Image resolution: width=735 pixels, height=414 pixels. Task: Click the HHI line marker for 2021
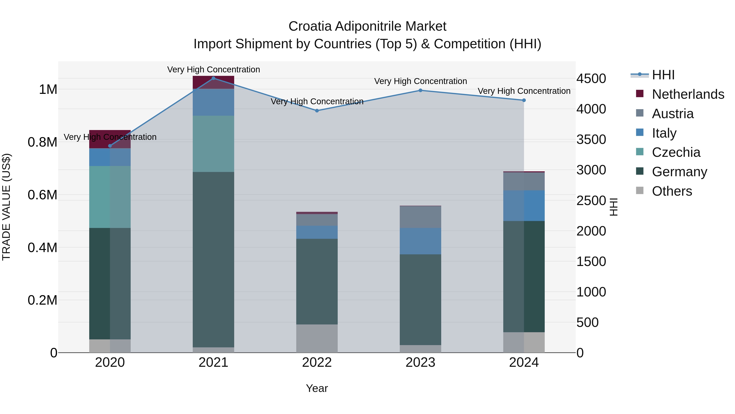213,78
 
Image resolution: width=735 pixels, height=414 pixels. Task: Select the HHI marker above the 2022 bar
317,111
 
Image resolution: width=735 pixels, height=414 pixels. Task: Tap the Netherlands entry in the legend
688,94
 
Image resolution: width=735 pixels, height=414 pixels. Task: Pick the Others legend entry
672,191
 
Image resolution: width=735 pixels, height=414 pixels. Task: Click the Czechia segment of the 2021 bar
213,144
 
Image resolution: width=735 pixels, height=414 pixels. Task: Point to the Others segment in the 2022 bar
317,338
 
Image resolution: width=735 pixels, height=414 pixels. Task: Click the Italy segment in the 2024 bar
524,205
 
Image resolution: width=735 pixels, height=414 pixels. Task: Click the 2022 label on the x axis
317,362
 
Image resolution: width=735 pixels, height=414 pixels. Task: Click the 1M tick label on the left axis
48,89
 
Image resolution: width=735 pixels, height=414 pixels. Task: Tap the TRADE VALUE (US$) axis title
6,207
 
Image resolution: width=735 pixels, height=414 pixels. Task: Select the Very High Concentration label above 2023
420,81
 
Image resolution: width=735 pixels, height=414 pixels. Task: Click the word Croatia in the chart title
310,26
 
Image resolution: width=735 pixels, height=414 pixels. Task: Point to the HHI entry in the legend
663,75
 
